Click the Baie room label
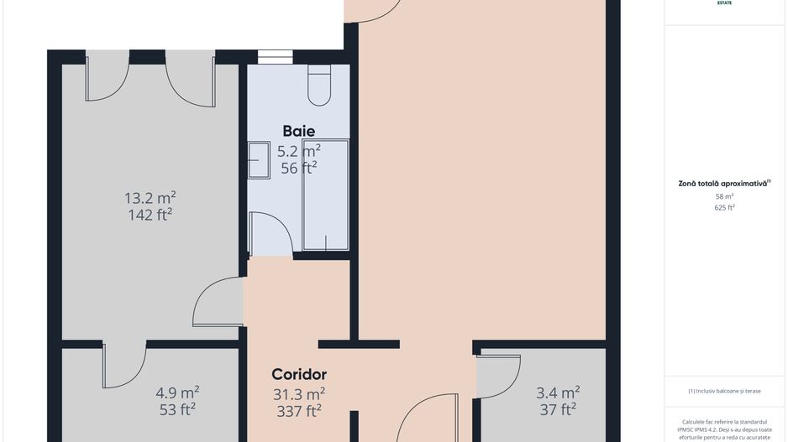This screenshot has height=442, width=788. click(x=299, y=131)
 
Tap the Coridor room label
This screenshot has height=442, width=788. click(x=299, y=374)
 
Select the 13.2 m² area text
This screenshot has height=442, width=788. click(x=150, y=198)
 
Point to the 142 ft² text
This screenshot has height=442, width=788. click(x=150, y=215)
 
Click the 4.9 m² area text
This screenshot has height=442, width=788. click(x=177, y=393)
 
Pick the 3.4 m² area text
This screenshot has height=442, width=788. click(x=558, y=393)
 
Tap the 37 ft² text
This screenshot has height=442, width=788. click(x=558, y=409)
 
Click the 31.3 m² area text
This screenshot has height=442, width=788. click(x=300, y=393)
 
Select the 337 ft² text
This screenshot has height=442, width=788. click(x=300, y=410)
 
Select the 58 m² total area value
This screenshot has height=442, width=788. click(x=724, y=196)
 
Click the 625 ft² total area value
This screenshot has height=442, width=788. click(x=724, y=207)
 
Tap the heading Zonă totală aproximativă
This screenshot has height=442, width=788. click(x=724, y=182)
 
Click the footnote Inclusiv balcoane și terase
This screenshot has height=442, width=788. click(x=724, y=391)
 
